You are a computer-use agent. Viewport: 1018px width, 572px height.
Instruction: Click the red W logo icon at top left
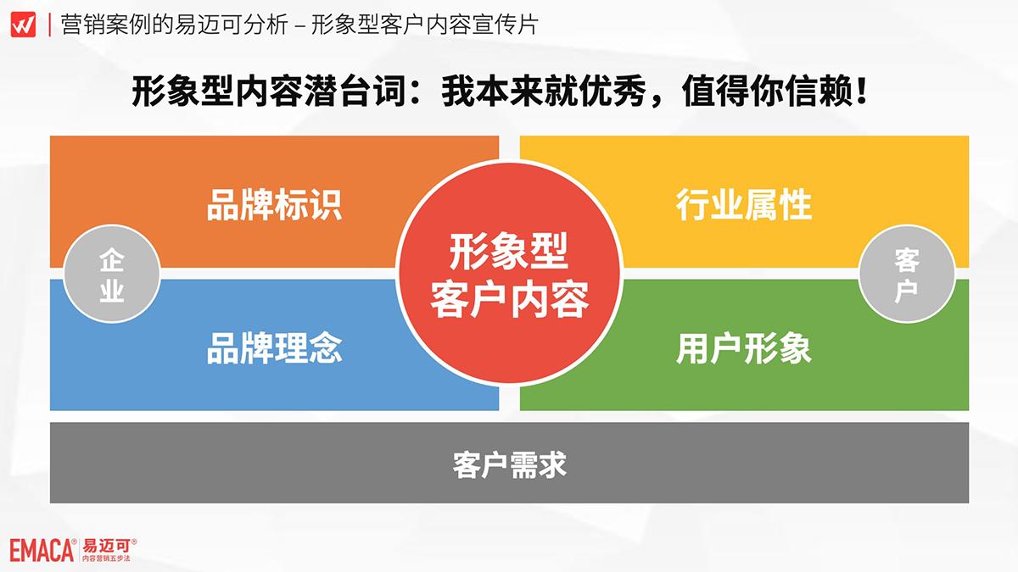coord(23,25)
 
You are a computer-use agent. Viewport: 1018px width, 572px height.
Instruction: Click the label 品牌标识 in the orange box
coord(274,205)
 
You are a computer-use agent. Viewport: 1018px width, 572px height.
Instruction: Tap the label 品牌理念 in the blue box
coord(274,348)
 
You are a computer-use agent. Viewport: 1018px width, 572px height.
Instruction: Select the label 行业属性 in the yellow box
coord(743,205)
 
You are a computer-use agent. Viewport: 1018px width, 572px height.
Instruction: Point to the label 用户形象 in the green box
coord(743,348)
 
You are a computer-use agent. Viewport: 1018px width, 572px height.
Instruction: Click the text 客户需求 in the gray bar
coord(510,464)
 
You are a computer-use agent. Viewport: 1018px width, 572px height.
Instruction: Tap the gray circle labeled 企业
coord(112,274)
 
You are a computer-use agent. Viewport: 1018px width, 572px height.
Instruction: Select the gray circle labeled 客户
coord(907,274)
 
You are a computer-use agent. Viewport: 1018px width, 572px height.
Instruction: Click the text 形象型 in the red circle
coord(509,251)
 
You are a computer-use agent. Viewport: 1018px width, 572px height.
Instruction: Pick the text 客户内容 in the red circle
coord(509,300)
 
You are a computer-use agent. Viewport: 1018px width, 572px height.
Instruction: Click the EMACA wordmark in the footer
coord(42,551)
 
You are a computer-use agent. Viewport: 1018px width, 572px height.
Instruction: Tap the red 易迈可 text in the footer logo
coord(106,546)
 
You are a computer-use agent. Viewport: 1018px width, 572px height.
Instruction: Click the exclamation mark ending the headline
coord(860,92)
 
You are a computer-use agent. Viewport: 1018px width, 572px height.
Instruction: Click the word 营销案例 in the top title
coord(106,25)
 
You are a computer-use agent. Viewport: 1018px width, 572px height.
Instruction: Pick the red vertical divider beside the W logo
coord(49,25)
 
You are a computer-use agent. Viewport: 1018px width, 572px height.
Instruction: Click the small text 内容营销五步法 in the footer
coord(106,558)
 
